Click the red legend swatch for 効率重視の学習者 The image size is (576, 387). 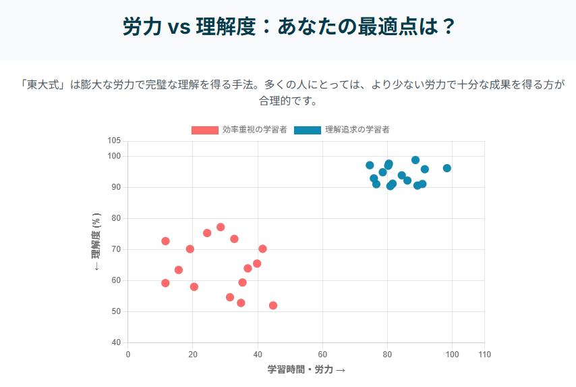point(204,130)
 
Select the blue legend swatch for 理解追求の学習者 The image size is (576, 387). point(307,130)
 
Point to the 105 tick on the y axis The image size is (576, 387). point(114,140)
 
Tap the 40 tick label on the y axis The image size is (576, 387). point(116,342)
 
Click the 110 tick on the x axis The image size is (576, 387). point(484,355)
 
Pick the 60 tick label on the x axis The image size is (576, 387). point(322,355)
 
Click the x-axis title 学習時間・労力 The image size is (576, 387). point(306,369)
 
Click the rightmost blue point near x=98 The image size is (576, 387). point(447,168)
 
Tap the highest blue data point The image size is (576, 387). point(415,160)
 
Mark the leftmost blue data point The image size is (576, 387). point(370,165)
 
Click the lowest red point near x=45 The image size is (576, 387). point(273,305)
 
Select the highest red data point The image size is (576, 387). point(221,227)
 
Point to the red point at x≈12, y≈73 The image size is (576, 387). point(165,241)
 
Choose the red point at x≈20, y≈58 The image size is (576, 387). point(194,287)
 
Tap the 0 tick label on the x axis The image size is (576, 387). point(128,355)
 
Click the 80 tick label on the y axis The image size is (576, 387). point(116,218)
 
